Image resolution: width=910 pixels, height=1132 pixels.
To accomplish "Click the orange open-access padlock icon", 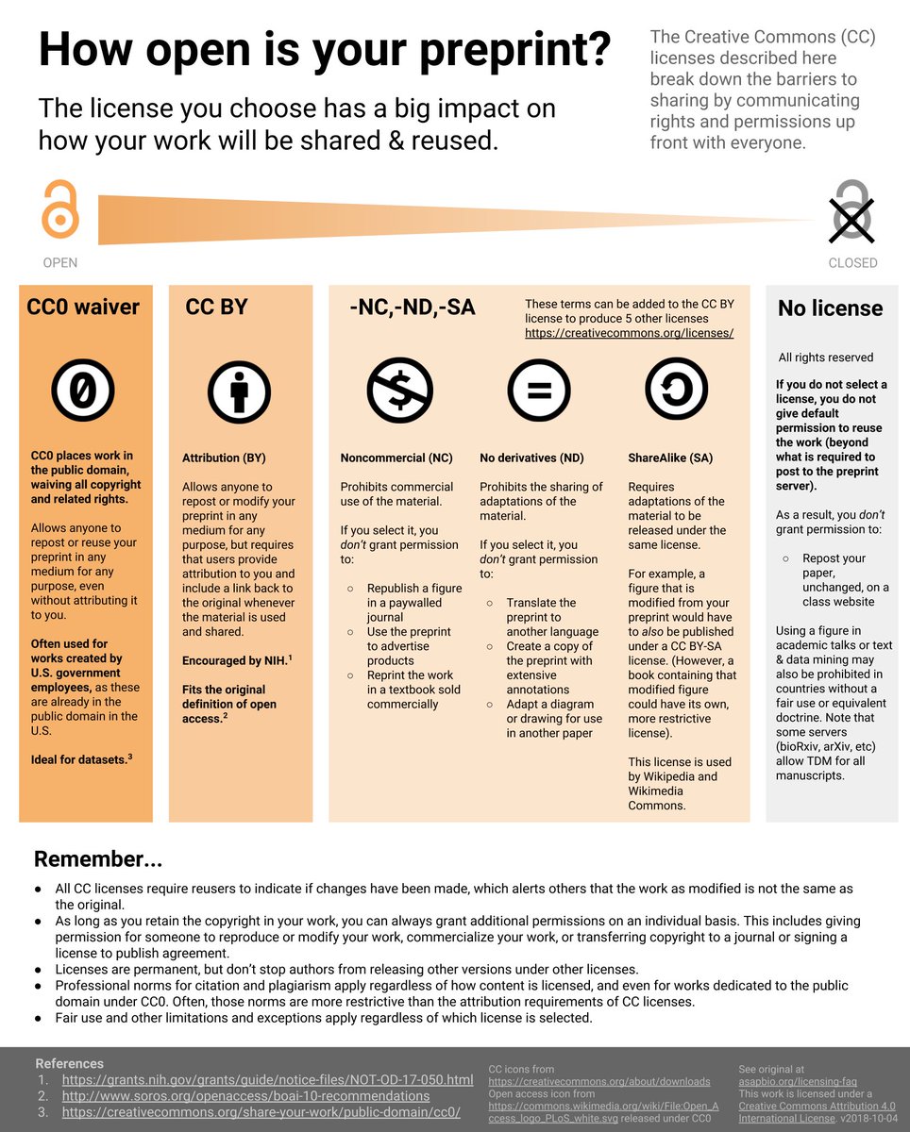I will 59,210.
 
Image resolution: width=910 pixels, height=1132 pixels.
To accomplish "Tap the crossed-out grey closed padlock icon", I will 852,210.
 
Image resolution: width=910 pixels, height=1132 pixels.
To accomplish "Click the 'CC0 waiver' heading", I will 83,308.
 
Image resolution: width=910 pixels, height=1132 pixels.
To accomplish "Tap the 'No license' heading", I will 830,308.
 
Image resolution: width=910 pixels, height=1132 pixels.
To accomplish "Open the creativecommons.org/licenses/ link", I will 629,333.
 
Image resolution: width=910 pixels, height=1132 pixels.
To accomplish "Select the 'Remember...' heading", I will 98,859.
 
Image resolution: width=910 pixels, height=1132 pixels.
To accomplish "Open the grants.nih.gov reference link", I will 268,1079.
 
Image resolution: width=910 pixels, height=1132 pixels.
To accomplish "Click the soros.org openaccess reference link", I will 245,1095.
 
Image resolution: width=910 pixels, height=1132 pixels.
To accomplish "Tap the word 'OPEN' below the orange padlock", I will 60,263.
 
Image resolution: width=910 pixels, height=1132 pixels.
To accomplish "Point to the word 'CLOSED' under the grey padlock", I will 852,263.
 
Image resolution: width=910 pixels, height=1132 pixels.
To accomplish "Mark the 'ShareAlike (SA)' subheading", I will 670,458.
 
